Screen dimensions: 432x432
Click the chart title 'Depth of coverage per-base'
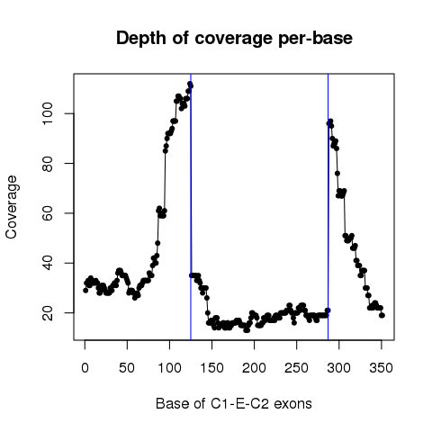click(x=234, y=39)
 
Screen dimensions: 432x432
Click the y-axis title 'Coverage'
click(x=11, y=207)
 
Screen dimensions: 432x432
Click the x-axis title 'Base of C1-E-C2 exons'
click(x=234, y=403)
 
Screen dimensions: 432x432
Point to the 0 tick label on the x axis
click(x=85, y=368)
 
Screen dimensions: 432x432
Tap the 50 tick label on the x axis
click(x=127, y=368)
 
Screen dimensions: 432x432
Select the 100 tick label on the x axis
click(x=169, y=368)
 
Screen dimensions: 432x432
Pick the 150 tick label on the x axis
click(x=211, y=368)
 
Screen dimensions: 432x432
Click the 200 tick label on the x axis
click(x=254, y=368)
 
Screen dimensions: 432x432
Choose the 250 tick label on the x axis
click(x=296, y=368)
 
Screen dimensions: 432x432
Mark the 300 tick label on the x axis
click(x=338, y=368)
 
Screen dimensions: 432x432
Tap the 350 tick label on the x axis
click(x=381, y=368)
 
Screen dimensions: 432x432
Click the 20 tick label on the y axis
click(x=48, y=312)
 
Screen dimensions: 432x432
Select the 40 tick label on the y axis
click(x=48, y=263)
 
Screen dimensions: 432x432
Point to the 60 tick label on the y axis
click(x=48, y=213)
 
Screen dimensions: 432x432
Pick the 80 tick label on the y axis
click(x=48, y=163)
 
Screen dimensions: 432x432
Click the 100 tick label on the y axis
click(x=48, y=113)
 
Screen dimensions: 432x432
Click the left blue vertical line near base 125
click(x=191, y=207)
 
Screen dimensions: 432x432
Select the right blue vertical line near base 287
click(x=328, y=207)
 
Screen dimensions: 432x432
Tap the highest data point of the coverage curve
click(x=190, y=84)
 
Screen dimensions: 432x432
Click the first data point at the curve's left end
click(x=85, y=291)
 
